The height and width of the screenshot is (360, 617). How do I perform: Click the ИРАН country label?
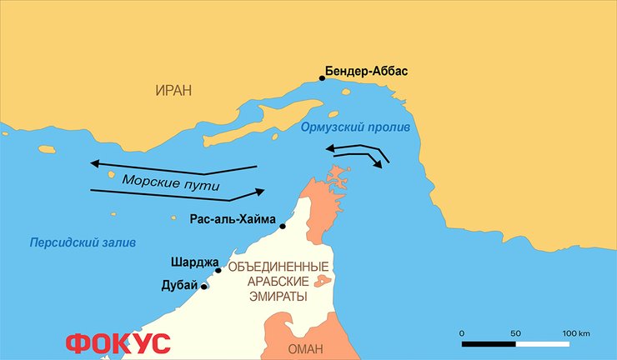click(x=173, y=89)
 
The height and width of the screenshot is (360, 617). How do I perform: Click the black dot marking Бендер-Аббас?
click(x=322, y=78)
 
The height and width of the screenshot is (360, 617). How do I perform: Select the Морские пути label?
click(x=170, y=182)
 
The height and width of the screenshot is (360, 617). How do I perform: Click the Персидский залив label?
click(x=82, y=242)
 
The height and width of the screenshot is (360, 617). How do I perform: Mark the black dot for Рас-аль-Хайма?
click(x=283, y=226)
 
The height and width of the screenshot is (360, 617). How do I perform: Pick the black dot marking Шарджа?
click(x=218, y=270)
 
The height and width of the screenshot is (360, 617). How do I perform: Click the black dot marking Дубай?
click(x=204, y=287)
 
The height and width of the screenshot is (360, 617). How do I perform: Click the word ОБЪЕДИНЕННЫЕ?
click(x=278, y=267)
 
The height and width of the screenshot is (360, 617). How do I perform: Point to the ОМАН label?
click(x=304, y=348)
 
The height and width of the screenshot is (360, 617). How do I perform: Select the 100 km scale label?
click(x=574, y=333)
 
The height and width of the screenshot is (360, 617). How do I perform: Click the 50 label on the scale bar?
click(x=516, y=333)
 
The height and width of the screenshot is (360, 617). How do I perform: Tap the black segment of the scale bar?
click(x=489, y=342)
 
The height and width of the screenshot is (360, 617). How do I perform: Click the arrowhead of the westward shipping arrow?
click(x=93, y=162)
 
